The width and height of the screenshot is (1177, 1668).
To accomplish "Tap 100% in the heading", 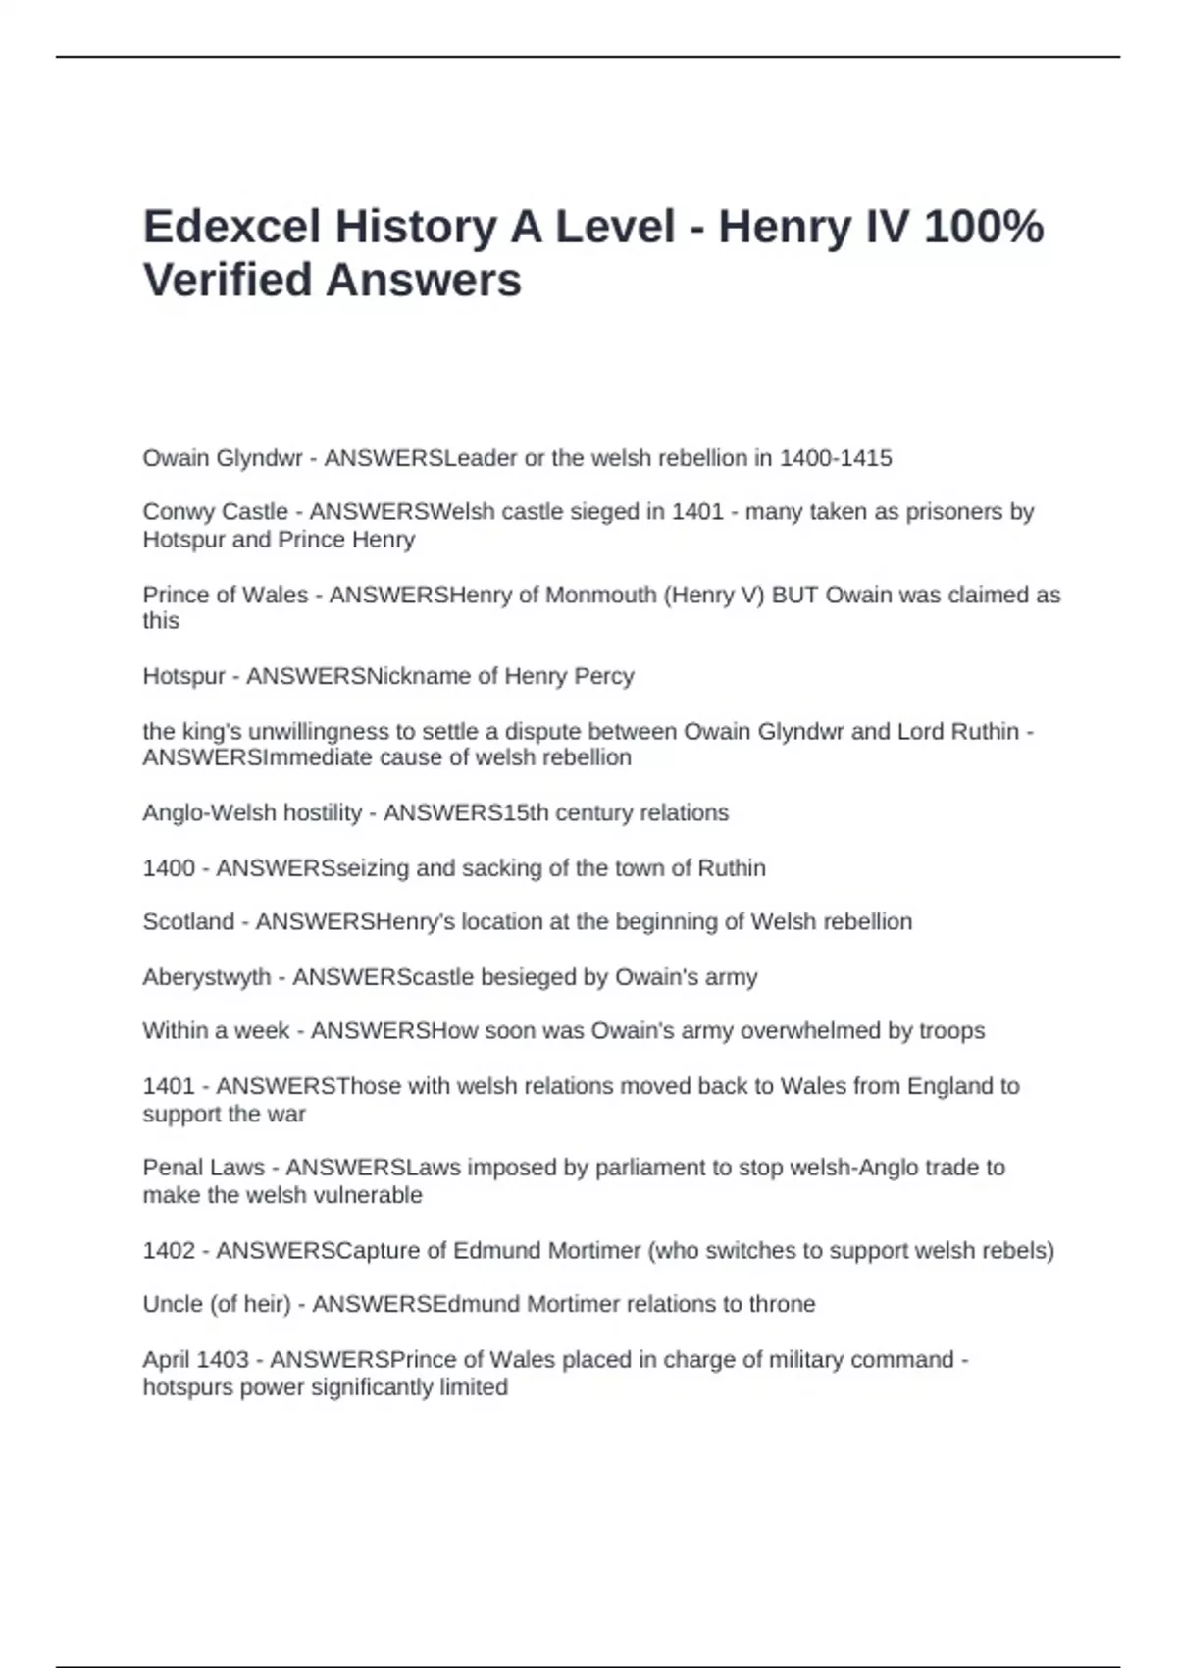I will coord(984,228).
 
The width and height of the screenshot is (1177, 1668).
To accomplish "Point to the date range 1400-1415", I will coord(836,458).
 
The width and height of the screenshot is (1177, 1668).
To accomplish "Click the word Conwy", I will coord(173,512).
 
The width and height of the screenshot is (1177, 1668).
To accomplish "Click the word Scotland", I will coord(188,922).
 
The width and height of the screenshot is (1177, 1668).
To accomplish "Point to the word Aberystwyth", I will coord(206,978).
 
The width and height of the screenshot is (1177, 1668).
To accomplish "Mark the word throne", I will coord(782,1304).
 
